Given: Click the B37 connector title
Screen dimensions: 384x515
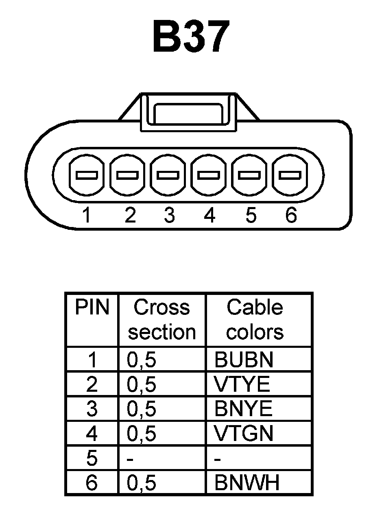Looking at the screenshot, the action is click(190, 37).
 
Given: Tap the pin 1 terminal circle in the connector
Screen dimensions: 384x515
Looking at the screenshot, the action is click(86, 176).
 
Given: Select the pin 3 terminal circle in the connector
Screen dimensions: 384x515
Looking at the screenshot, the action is click(168, 176).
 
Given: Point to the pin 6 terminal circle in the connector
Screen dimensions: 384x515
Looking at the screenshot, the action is click(290, 176).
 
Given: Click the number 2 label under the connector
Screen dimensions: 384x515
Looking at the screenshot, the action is click(130, 215).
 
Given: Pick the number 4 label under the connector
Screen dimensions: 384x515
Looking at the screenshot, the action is click(209, 215).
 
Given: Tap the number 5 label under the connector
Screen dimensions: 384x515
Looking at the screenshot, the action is click(251, 215).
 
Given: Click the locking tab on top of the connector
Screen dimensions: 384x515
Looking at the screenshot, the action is click(188, 113).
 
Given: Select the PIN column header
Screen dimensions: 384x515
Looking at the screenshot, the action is click(92, 308).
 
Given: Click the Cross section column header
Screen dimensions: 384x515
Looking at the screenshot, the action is click(162, 320).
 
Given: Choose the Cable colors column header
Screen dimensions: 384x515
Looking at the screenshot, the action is click(255, 320).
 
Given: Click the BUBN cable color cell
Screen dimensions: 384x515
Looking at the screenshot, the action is click(244, 360).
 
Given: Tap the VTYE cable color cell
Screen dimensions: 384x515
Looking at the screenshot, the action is click(242, 384).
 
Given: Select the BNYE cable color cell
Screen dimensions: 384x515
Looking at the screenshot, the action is click(243, 409).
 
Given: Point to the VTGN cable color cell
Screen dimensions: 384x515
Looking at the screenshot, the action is click(244, 434).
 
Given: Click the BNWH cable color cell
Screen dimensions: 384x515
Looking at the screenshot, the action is click(247, 483).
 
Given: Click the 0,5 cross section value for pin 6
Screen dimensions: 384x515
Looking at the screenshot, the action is click(142, 483).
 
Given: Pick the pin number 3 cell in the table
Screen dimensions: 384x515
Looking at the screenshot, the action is click(92, 409).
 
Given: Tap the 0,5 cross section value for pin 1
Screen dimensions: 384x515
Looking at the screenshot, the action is click(142, 360).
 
